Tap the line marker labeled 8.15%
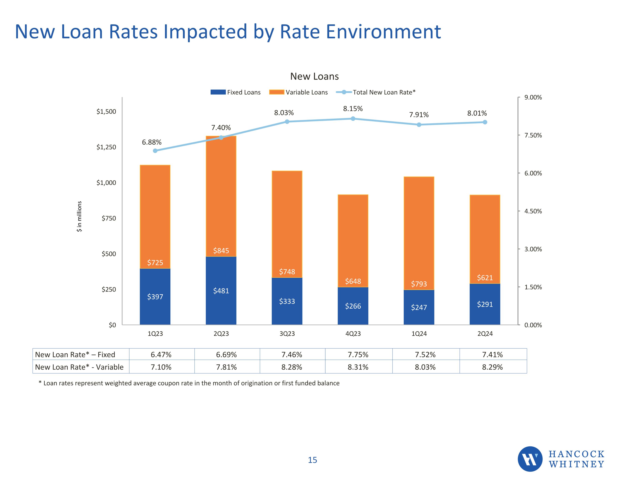tap(353, 119)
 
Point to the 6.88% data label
tap(152, 142)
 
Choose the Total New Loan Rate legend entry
tap(376, 92)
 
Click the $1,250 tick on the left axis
tap(106, 147)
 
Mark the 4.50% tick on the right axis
tap(533, 211)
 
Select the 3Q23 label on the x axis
tap(287, 334)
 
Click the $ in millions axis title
tap(79, 216)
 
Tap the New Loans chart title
tap(314, 76)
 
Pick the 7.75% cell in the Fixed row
tap(358, 355)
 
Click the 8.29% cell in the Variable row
tap(492, 367)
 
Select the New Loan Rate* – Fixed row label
tap(75, 355)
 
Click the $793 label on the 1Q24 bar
tap(419, 284)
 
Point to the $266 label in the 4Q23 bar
tap(353, 306)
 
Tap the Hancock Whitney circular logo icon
tap(530, 459)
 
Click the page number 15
tap(312, 460)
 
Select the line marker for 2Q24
tap(485, 122)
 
